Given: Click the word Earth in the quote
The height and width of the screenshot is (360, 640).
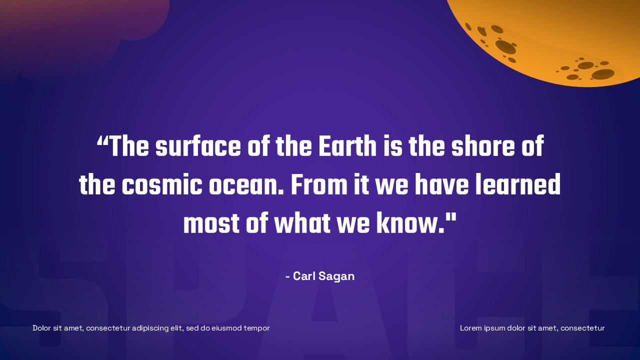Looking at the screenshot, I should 347,147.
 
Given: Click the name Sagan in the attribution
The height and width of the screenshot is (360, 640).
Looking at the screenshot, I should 334,276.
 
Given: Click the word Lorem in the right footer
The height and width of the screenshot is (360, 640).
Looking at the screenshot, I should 470,328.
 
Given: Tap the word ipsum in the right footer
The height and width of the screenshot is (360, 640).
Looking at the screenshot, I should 494,328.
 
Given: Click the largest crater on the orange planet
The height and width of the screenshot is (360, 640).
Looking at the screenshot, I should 505,47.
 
